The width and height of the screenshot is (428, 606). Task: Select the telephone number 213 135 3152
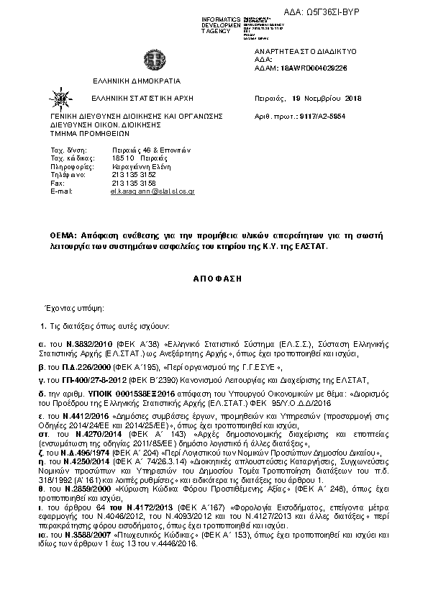click(x=135, y=174)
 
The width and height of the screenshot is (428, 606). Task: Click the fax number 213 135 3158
click(x=135, y=183)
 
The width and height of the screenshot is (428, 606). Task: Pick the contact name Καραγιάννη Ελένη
click(x=142, y=166)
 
